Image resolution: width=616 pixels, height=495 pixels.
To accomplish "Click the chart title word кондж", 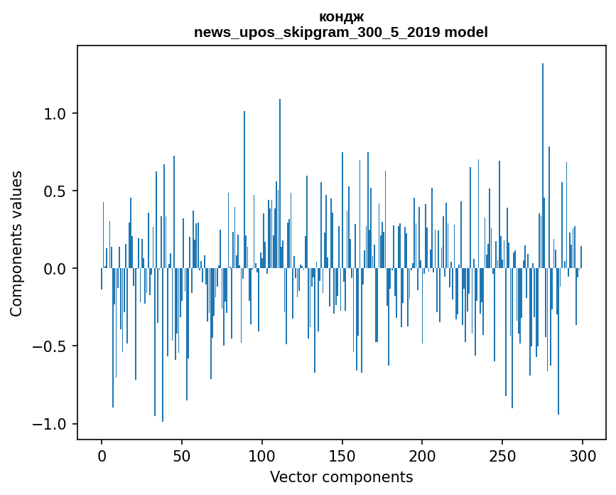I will pos(341,16).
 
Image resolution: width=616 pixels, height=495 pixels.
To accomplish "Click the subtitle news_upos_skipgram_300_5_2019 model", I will pos(341,32).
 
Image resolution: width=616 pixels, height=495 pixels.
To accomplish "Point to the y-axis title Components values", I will pos(16,243).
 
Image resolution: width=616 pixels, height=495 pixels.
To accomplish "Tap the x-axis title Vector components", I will pos(341,477).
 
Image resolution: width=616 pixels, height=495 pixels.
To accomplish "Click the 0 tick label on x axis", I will pos(102,455).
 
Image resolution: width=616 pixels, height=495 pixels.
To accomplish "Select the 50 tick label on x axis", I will pos(182,455).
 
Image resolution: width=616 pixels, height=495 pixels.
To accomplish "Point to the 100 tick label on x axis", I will pos(262,455).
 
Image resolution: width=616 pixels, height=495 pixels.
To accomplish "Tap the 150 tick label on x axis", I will pos(342,455).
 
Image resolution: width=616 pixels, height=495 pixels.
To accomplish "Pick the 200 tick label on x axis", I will pos(422,455).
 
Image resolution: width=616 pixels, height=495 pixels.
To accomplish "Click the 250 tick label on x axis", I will pos(502,455).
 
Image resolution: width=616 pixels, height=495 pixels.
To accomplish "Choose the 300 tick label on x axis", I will pos(583,455).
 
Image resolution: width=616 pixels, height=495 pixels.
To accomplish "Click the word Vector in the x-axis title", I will pos(291,477).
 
